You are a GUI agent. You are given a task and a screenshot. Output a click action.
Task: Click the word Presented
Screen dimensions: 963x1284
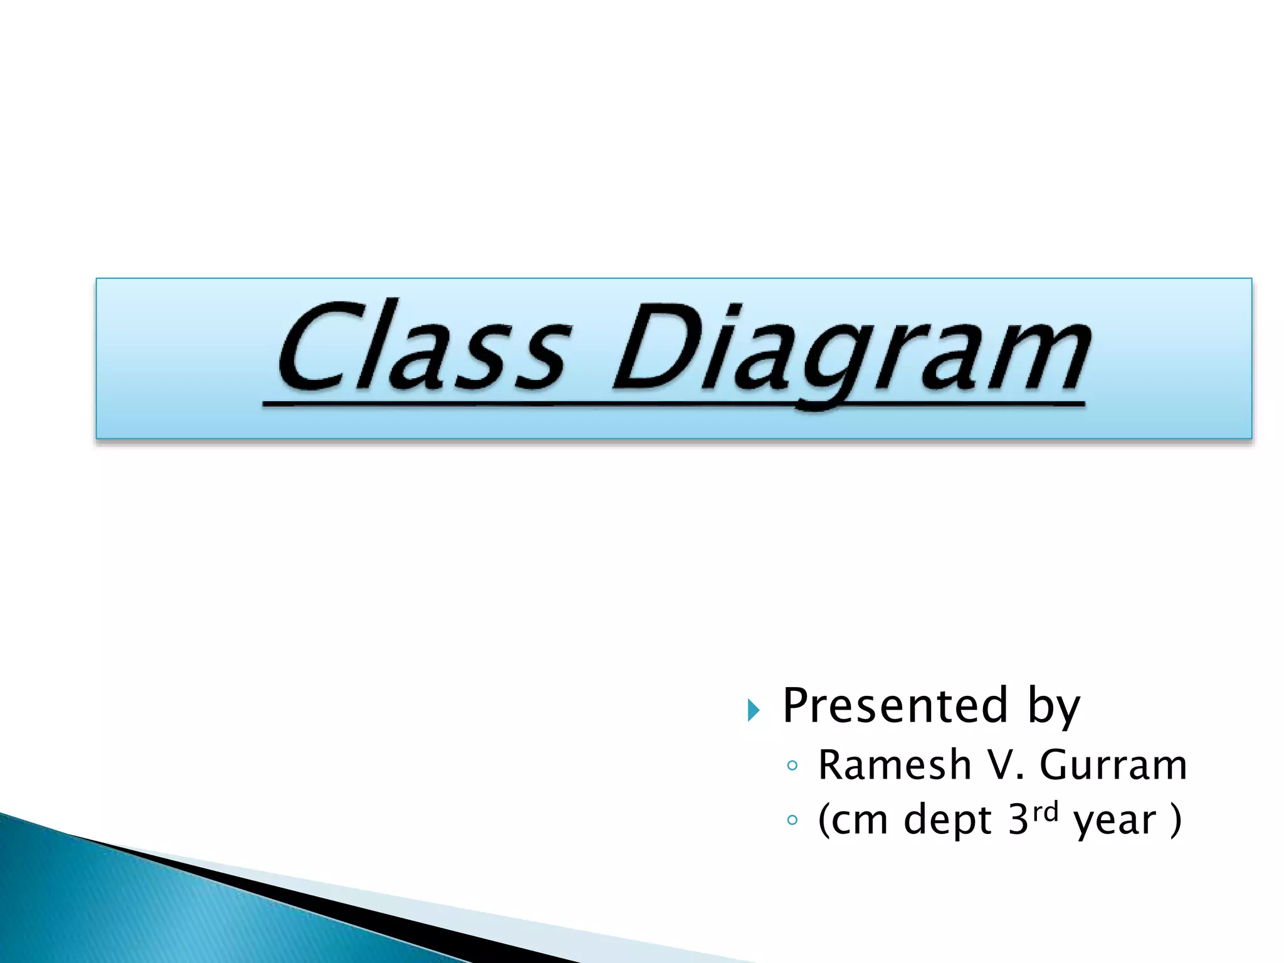[895, 706]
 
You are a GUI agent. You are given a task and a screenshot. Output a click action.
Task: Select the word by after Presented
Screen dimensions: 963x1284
[1053, 708]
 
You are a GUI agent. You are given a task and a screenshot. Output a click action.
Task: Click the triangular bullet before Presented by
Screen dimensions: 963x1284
[754, 710]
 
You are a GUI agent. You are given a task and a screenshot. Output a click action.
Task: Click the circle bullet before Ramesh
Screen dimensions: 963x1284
[792, 766]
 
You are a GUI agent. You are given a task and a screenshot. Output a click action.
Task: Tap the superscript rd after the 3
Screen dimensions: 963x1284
[1045, 812]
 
